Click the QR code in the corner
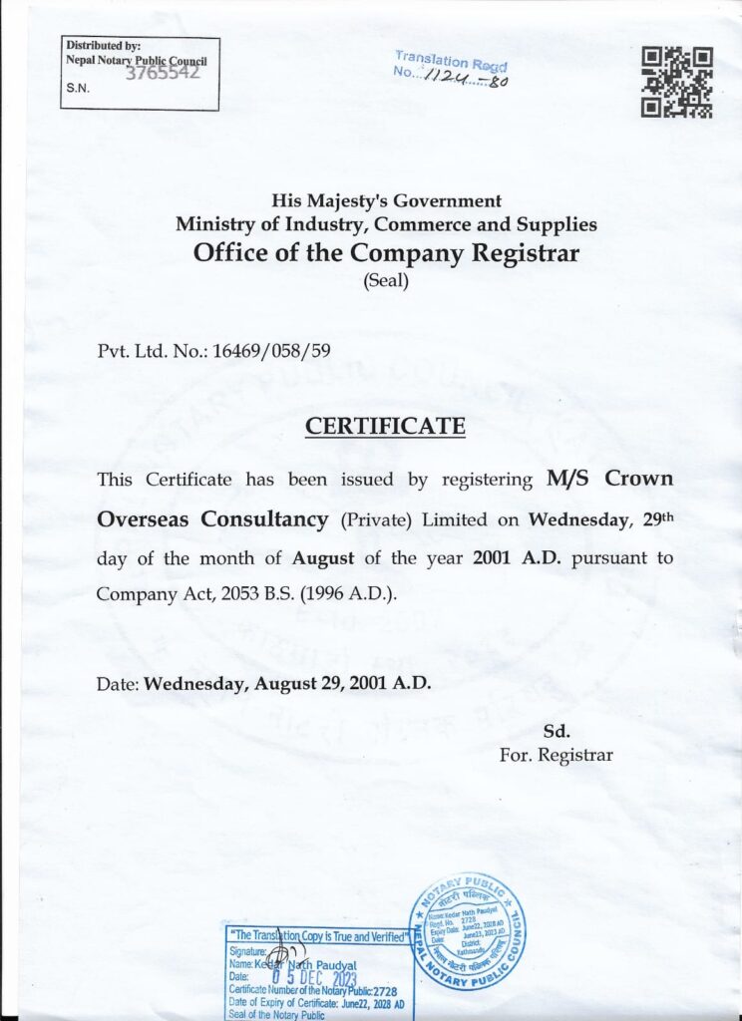pyautogui.click(x=676, y=82)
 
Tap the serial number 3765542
pyautogui.click(x=164, y=73)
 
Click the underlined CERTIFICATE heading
pyautogui.click(x=385, y=427)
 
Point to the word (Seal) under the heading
pyautogui.click(x=385, y=281)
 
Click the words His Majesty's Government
pyautogui.click(x=386, y=201)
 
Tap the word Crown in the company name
pyautogui.click(x=637, y=479)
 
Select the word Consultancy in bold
pyautogui.click(x=265, y=519)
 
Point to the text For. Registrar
pyautogui.click(x=556, y=755)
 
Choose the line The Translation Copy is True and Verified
pyautogui.click(x=318, y=937)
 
